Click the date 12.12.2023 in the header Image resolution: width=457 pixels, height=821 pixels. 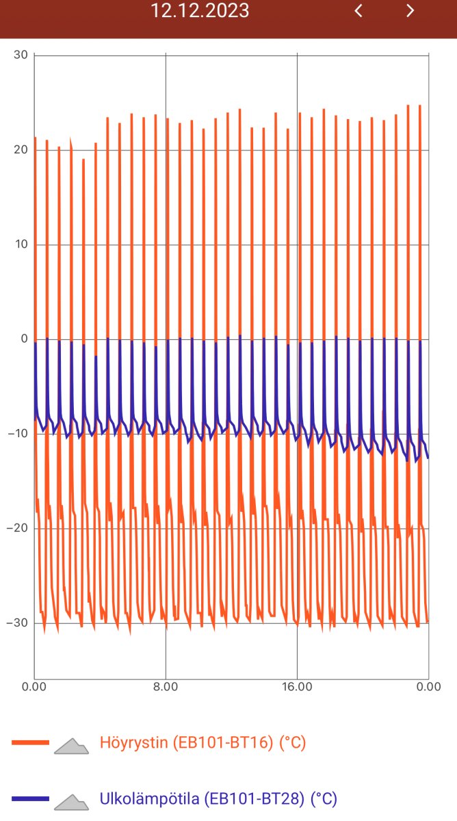(x=200, y=11)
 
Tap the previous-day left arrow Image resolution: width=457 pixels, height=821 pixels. (x=358, y=11)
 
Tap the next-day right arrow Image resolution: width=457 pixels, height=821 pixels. (x=410, y=11)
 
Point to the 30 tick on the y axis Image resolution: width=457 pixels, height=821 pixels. (x=21, y=55)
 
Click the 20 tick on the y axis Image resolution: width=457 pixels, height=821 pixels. (x=21, y=150)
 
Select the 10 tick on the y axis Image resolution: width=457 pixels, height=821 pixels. (x=21, y=245)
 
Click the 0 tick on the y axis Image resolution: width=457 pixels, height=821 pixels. (x=23, y=339)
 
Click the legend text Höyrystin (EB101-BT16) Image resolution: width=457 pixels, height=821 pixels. (x=203, y=742)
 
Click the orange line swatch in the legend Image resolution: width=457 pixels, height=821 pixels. (x=30, y=742)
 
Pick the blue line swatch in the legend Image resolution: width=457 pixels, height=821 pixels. (x=30, y=798)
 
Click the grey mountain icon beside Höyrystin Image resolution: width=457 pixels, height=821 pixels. (x=72, y=746)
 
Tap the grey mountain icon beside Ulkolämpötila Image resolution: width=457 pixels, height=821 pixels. (x=72, y=803)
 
